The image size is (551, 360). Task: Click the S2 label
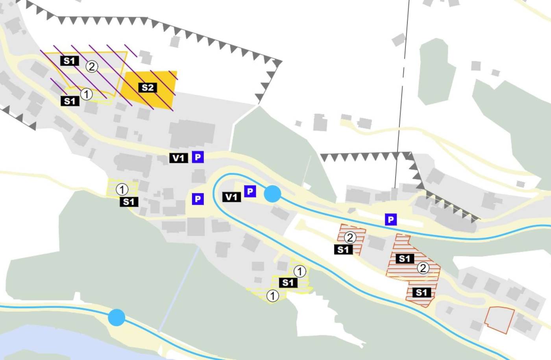pyautogui.click(x=148, y=87)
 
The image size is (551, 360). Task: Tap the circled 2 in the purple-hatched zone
pyautogui.click(x=92, y=66)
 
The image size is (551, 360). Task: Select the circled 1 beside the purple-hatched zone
pyautogui.click(x=86, y=94)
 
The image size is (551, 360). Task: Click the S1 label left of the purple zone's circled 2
pyautogui.click(x=69, y=61)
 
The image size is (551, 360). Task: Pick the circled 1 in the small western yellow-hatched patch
pyautogui.click(x=122, y=189)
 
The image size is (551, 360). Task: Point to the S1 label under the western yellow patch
pyautogui.click(x=129, y=202)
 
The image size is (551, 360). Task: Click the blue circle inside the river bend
pyautogui.click(x=272, y=194)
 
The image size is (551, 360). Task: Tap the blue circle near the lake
pyautogui.click(x=116, y=317)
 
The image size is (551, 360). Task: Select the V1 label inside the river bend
pyautogui.click(x=231, y=197)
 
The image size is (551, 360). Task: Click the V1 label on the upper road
pyautogui.click(x=178, y=158)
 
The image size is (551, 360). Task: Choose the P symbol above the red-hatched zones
pyautogui.click(x=391, y=220)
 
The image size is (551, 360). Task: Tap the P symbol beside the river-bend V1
pyautogui.click(x=250, y=191)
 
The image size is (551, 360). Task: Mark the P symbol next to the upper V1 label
pyautogui.click(x=198, y=157)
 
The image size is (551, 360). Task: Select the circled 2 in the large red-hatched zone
pyautogui.click(x=423, y=268)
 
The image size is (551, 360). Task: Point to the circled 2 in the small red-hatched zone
pyautogui.click(x=350, y=237)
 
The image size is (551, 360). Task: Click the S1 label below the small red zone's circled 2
pyautogui.click(x=343, y=249)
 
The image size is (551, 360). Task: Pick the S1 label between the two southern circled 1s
pyautogui.click(x=288, y=282)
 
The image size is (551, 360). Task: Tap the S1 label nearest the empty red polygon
pyautogui.click(x=421, y=292)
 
